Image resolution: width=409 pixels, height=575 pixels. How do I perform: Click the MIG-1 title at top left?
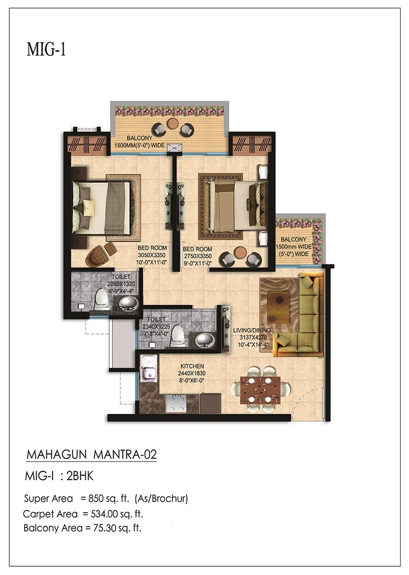click(46, 49)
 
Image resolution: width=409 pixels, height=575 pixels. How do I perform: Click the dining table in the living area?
click(260, 389)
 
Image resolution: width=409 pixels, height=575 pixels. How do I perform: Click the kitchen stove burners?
click(176, 404)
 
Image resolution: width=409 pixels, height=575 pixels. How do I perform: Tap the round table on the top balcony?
click(173, 123)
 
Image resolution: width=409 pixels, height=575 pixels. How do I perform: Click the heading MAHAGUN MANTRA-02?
click(93, 455)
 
